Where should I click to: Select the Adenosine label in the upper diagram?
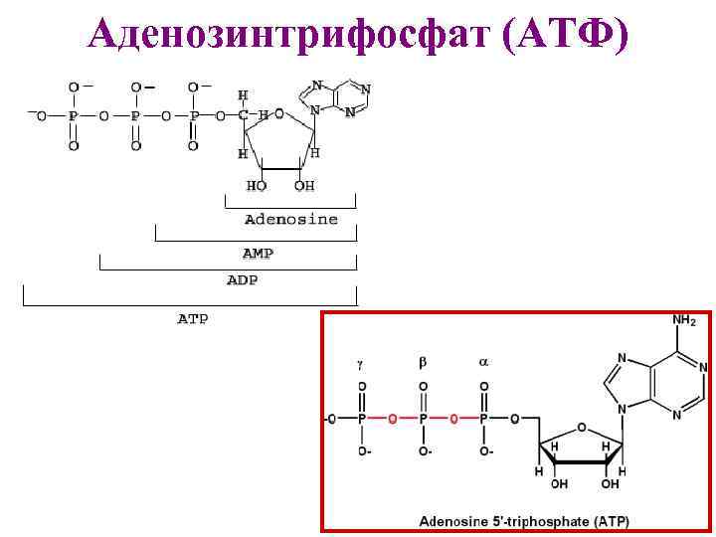point(290,219)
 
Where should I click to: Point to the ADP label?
point(242,280)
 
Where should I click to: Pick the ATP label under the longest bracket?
point(192,319)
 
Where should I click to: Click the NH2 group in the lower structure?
point(683,321)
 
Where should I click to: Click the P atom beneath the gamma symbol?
point(362,420)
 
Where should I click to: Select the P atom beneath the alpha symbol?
point(484,420)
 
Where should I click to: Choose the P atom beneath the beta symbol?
point(424,420)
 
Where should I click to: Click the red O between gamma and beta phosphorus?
point(393,420)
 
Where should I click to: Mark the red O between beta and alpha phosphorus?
point(454,420)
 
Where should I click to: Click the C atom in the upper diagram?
point(243,115)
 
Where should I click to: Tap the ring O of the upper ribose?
point(281,115)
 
